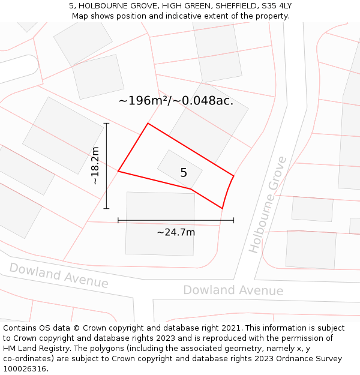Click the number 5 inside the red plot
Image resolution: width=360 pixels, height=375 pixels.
click(x=184, y=173)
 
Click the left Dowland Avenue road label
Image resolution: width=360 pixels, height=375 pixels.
click(x=59, y=275)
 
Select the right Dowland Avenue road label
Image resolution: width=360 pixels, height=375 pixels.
click(x=233, y=290)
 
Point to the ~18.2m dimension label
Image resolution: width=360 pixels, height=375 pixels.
click(x=95, y=166)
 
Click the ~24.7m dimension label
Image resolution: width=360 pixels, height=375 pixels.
click(x=176, y=232)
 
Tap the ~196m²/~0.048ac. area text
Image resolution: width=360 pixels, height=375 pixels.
click(x=176, y=101)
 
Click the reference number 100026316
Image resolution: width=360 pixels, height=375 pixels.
click(x=25, y=368)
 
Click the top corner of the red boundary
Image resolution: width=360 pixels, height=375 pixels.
click(x=148, y=124)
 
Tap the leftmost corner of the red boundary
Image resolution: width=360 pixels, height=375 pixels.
click(x=118, y=171)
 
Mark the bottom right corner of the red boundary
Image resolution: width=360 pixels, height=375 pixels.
click(x=223, y=208)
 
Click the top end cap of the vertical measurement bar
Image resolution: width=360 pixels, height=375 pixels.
click(x=106, y=124)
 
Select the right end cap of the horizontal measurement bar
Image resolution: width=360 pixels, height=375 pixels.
click(x=233, y=220)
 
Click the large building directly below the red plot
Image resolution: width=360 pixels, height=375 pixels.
click(x=160, y=223)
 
